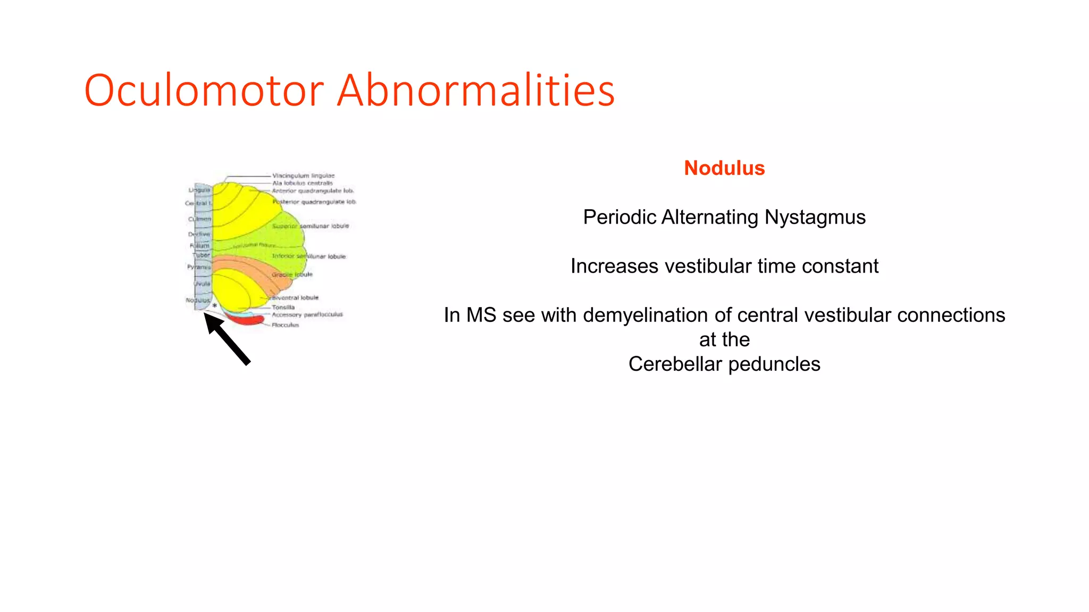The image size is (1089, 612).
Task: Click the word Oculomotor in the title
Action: [x=204, y=90]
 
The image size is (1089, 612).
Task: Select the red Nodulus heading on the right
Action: [x=724, y=168]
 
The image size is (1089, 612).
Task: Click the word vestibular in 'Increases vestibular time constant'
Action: [x=706, y=266]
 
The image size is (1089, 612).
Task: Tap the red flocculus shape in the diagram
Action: [x=247, y=320]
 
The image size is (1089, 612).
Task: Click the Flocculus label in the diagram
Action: [x=286, y=325]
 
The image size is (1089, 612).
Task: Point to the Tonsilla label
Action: [x=283, y=307]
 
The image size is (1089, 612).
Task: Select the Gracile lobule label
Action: [x=292, y=275]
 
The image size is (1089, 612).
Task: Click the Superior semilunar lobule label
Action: [x=311, y=226]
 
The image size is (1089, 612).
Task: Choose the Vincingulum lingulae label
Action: [x=303, y=175]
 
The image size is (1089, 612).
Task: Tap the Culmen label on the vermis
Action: [x=199, y=219]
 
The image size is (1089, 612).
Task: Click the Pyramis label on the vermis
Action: [x=199, y=267]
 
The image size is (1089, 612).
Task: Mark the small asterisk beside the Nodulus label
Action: [x=214, y=306]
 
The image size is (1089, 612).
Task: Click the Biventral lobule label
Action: [x=295, y=297]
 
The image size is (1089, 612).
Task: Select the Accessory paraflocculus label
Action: [x=307, y=314]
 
